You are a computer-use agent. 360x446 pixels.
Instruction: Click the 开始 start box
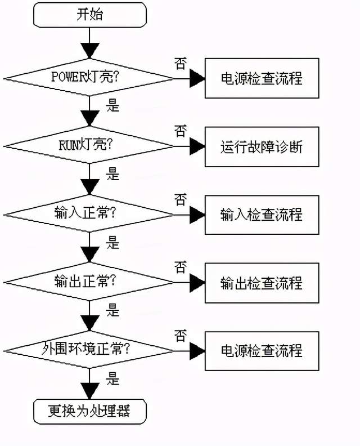(x=90, y=15)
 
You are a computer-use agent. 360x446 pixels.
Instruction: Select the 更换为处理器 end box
(x=90, y=412)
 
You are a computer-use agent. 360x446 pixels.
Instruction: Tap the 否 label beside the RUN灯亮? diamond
(x=181, y=132)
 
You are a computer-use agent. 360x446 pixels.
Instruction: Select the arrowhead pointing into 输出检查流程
(x=197, y=282)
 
